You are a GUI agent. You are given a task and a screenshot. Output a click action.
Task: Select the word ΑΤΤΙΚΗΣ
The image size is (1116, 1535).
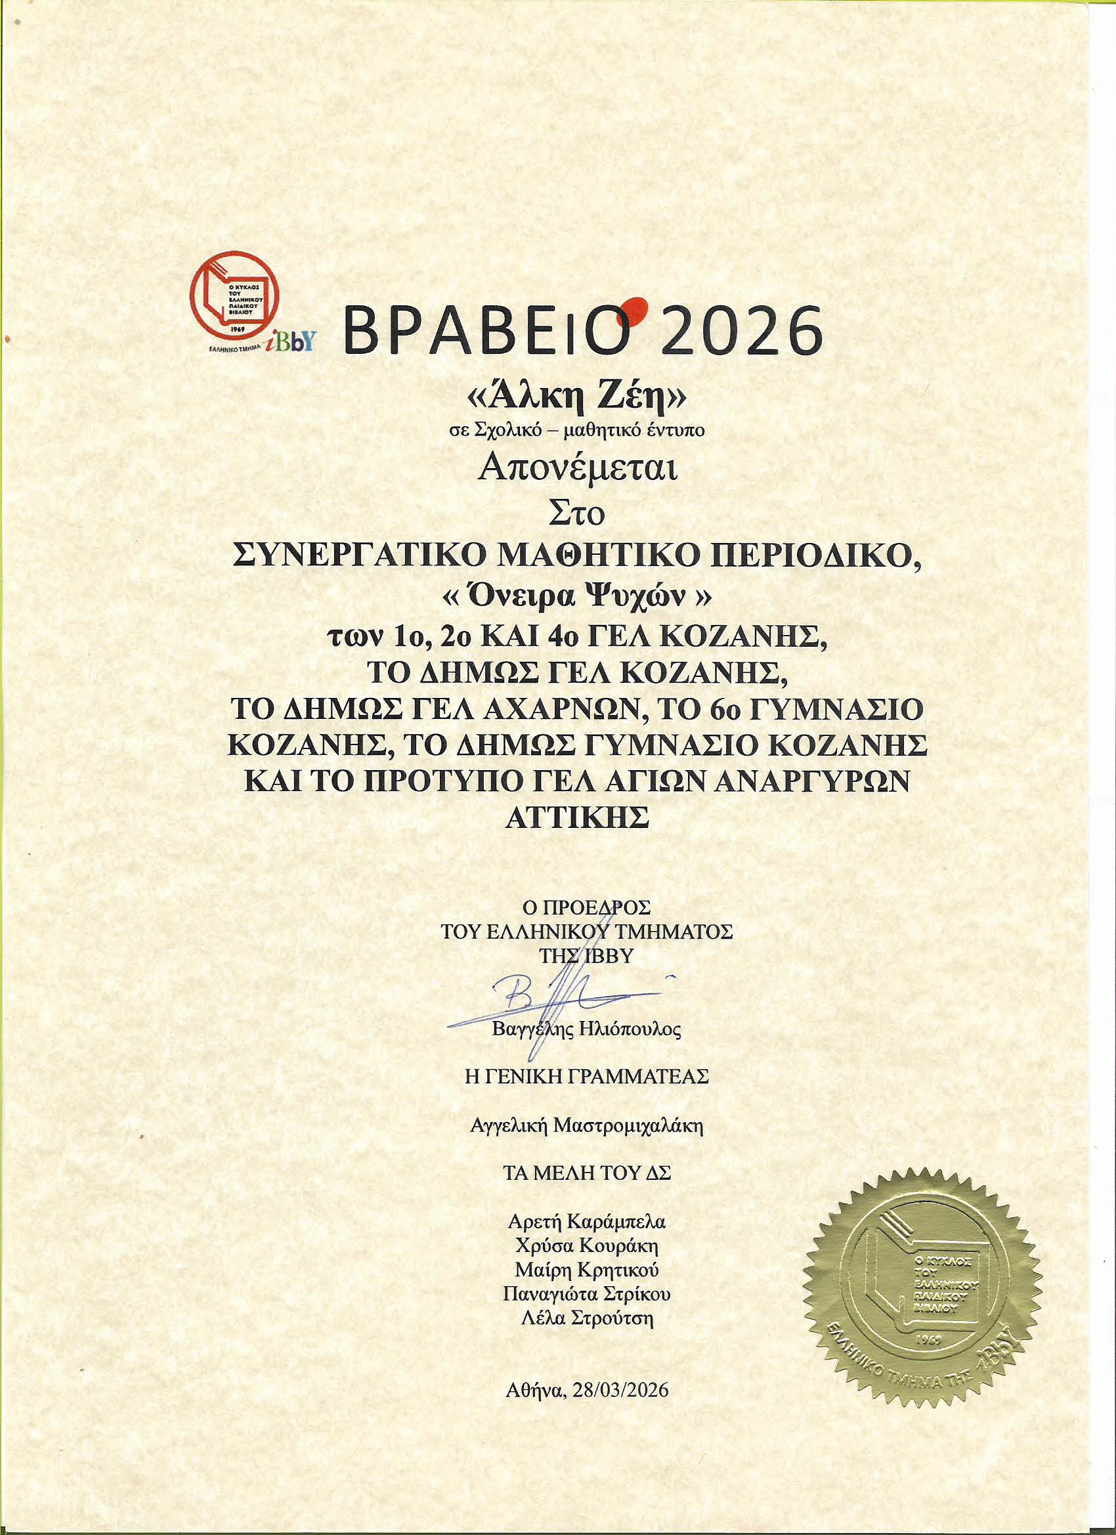coord(577,816)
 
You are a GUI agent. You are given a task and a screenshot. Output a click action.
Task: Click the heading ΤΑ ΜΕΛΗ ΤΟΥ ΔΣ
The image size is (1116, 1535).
coord(586,1175)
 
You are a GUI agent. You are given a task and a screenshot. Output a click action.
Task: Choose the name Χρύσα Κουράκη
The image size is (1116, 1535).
coord(587,1246)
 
